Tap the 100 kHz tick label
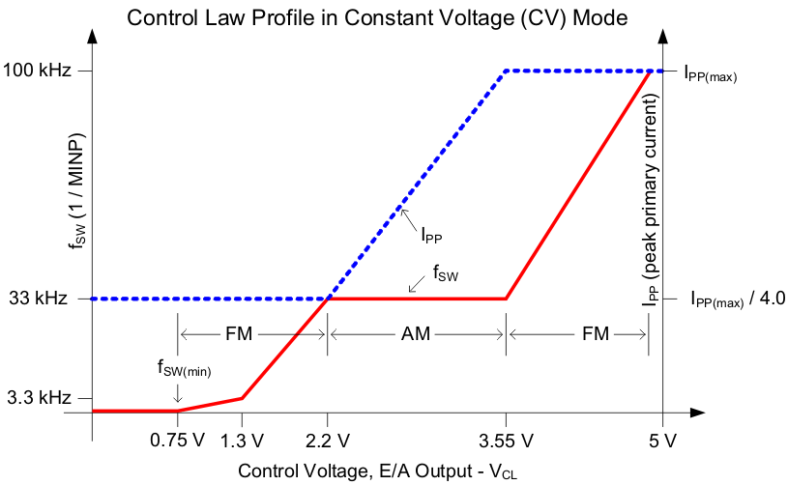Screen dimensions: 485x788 39,71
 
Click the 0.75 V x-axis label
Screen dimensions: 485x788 178,442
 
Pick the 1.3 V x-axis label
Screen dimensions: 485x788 242,442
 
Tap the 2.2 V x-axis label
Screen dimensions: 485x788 327,442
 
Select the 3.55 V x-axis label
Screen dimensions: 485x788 506,442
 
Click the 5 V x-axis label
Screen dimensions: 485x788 662,442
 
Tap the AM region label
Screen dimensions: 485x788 417,334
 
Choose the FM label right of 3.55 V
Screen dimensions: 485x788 596,334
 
